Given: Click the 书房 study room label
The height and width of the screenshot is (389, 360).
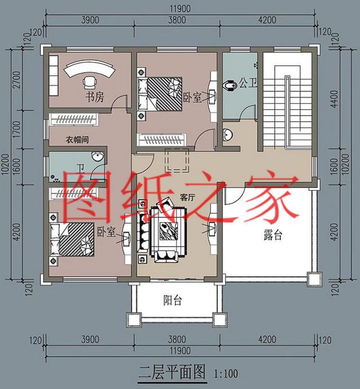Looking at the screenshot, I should pyautogui.click(x=94, y=97).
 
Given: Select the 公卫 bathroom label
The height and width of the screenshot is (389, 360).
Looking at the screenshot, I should pyautogui.click(x=248, y=84).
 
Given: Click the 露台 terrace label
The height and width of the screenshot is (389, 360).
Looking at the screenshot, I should pyautogui.click(x=272, y=235).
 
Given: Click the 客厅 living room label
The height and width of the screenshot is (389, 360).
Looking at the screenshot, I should pyautogui.click(x=187, y=198).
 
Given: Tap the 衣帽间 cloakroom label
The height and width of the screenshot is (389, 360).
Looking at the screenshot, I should pyautogui.click(x=75, y=139).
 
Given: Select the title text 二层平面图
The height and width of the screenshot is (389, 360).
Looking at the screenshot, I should pyautogui.click(x=172, y=373).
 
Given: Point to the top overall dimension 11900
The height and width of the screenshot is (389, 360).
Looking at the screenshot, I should pyautogui.click(x=180, y=8).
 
